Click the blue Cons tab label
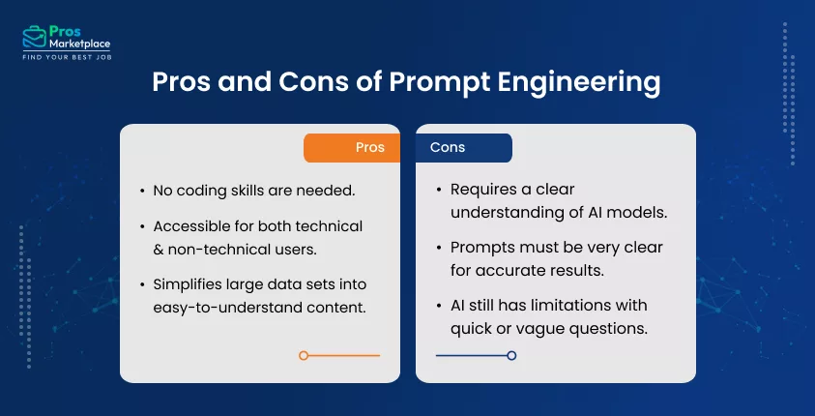[x=448, y=148]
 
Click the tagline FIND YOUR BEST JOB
[x=68, y=57]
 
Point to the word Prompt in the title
[x=430, y=82]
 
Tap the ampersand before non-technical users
[x=160, y=247]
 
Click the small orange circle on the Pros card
[x=304, y=356]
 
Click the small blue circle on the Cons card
[x=511, y=356]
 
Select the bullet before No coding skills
[x=143, y=191]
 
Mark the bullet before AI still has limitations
[x=440, y=307]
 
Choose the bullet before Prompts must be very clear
[x=440, y=248]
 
